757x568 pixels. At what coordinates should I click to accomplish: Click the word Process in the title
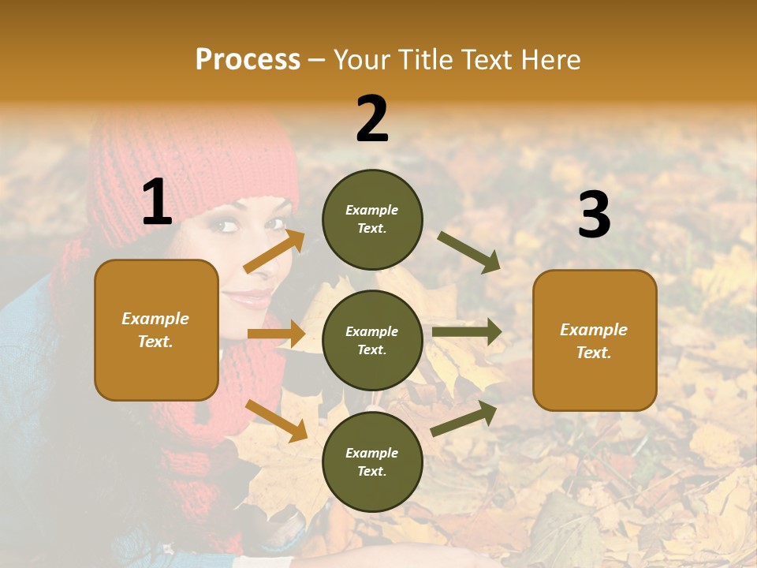click(x=248, y=59)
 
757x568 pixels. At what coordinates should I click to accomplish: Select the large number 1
click(x=157, y=202)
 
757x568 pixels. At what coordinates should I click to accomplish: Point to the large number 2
click(x=372, y=119)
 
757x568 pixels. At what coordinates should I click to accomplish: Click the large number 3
click(x=594, y=215)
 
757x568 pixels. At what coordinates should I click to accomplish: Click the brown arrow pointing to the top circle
click(x=274, y=251)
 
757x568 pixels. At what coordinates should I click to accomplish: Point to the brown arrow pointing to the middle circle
click(x=276, y=334)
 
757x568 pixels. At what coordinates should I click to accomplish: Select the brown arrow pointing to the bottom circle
click(x=276, y=420)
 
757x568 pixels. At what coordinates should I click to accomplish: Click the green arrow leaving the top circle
click(x=469, y=252)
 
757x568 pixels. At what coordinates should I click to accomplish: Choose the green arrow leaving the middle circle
click(x=467, y=332)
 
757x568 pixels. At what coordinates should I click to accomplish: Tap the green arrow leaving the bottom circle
click(x=464, y=418)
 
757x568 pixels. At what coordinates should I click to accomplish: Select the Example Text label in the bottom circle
click(x=372, y=462)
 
